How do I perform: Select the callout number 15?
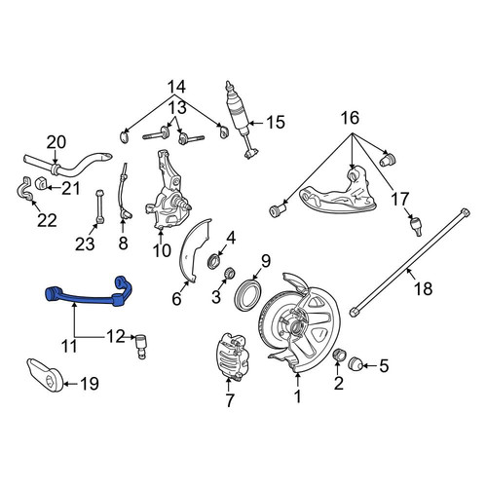coord(276,123)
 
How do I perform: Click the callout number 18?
coord(424,288)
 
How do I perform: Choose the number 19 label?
coord(90,384)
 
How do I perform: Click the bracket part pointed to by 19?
coord(45,375)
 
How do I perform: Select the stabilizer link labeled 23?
coord(100,206)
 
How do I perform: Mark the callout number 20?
coord(56,142)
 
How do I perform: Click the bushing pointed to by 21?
coord(41,183)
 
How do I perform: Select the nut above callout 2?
coord(338,356)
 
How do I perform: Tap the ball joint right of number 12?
coord(141,346)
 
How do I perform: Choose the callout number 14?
coord(176,87)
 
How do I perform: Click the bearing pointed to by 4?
coord(214,261)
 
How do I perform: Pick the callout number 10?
coord(162,250)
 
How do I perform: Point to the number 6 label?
coord(176,299)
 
